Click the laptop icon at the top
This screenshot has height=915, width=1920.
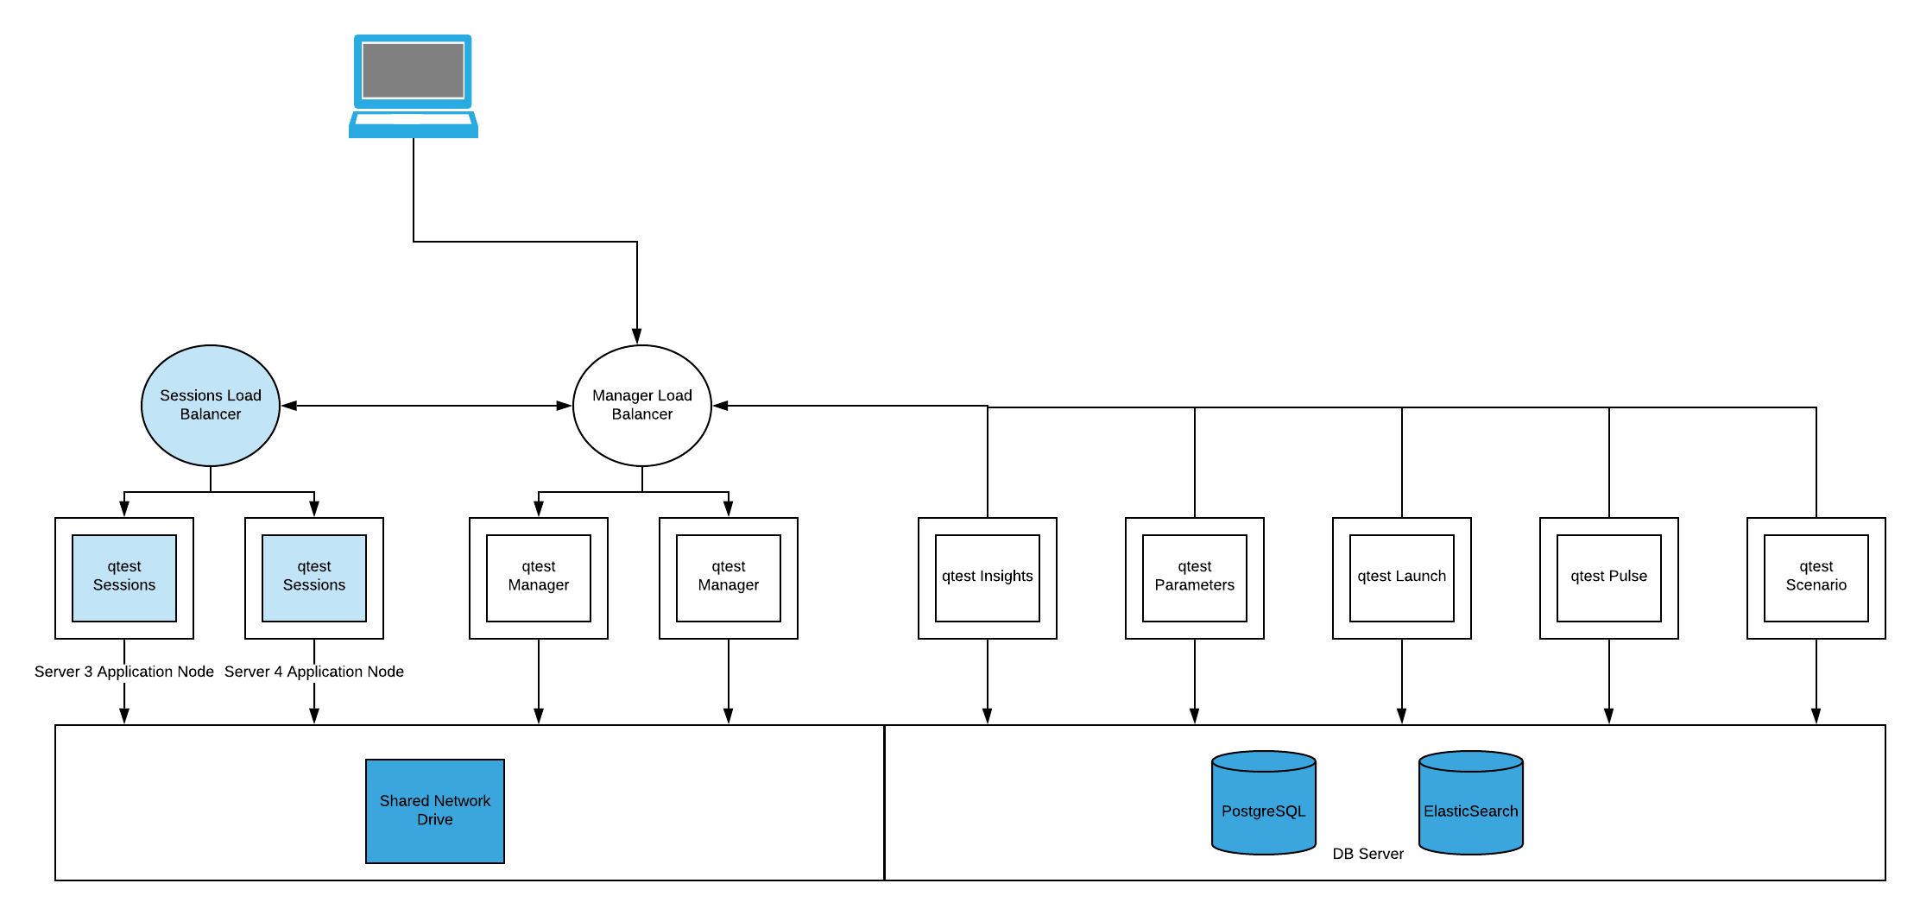pos(413,86)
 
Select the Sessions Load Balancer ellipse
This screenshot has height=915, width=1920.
pos(210,405)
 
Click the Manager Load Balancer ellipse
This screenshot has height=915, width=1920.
pos(641,405)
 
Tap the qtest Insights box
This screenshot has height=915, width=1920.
pos(987,577)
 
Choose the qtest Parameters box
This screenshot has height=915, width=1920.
pos(1194,577)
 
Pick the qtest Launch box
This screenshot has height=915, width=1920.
pos(1401,577)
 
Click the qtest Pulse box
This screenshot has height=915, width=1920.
pos(1608,577)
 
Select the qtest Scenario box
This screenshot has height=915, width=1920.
pos(1816,577)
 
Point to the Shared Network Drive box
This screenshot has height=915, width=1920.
pos(434,811)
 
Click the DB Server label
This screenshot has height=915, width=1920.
pos(1367,854)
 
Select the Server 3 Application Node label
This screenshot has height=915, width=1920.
pos(123,672)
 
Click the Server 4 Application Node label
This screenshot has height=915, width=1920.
pos(313,672)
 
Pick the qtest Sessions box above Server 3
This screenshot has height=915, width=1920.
pos(123,577)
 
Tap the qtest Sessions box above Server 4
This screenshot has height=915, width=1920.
pos(313,577)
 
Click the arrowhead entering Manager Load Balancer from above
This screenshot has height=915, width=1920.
pos(636,336)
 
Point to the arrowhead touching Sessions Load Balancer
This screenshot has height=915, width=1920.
pos(290,406)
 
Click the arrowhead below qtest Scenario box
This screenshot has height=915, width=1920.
pos(1816,716)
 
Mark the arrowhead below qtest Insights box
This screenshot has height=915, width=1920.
pos(987,716)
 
